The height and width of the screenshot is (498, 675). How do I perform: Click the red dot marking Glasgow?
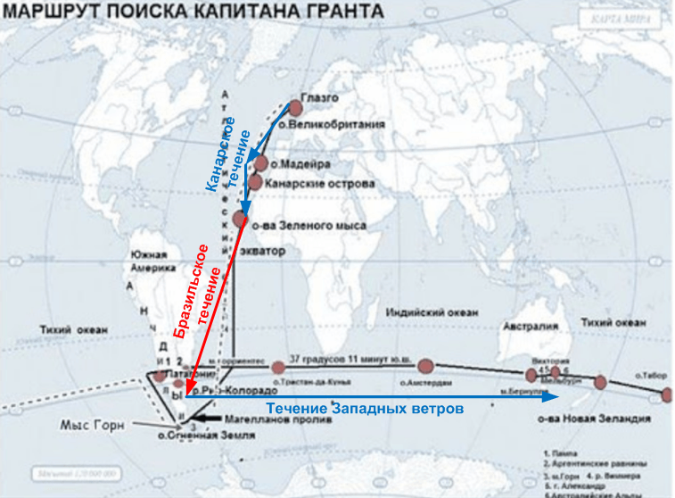296,107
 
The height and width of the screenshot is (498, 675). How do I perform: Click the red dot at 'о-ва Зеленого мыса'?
240,218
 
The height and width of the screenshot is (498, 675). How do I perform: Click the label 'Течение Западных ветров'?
365,408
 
